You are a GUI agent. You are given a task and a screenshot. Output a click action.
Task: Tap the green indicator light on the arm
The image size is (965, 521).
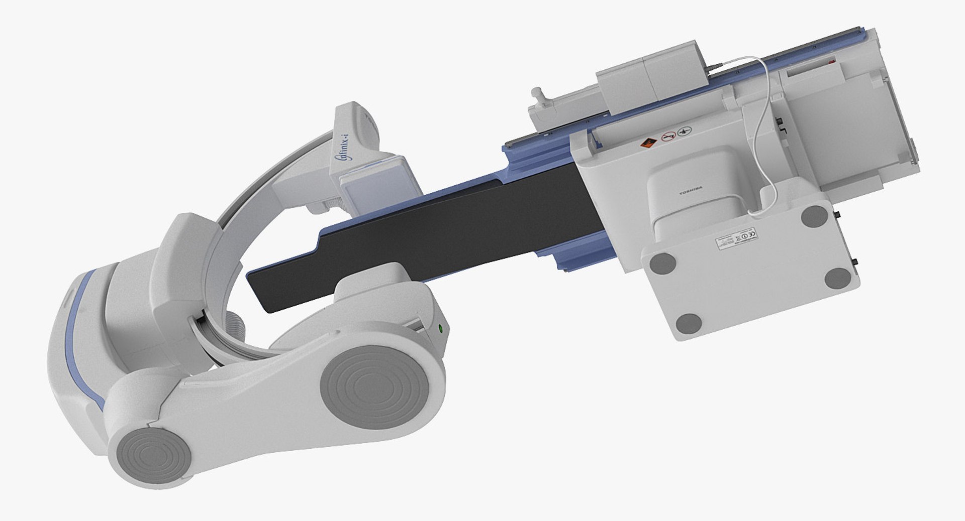click(441, 329)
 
